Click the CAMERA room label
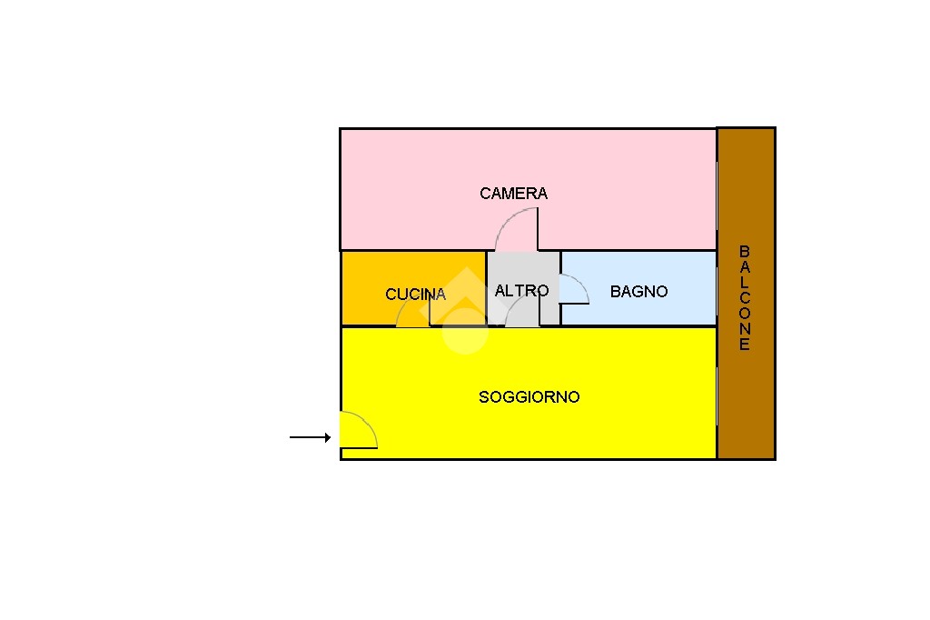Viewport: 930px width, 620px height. point(514,193)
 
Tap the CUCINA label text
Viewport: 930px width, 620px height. point(415,294)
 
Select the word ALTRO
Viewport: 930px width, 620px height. point(522,290)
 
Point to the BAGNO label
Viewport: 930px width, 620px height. point(638,291)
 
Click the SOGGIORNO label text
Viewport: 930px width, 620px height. point(529,396)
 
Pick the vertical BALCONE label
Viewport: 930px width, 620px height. point(745,297)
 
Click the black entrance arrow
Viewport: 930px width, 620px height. point(311,437)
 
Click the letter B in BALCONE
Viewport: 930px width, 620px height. point(745,251)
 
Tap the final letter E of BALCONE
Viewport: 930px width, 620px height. point(745,345)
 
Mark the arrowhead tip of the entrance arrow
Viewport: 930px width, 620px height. point(331,437)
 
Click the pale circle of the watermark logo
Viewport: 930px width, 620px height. point(465,332)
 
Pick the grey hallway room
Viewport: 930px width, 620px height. point(523,288)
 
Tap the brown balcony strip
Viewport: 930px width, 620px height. point(747,294)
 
